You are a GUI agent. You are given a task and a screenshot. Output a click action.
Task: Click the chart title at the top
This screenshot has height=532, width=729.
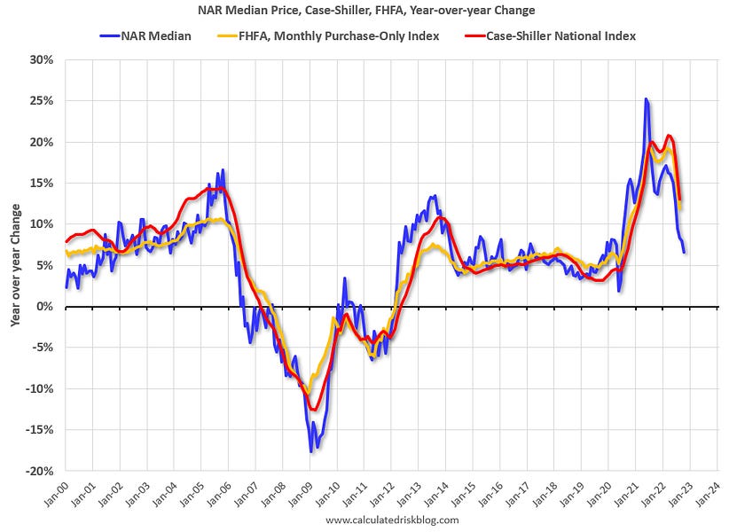[x=364, y=11]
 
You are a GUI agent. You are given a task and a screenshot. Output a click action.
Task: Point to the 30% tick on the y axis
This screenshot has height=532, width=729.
[x=41, y=59]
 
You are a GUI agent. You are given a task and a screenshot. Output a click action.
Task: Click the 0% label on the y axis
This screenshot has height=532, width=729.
[x=44, y=307]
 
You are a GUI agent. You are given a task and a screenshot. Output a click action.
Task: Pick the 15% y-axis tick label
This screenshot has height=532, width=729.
[x=41, y=184]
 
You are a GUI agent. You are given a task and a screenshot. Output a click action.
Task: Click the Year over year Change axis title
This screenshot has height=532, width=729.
[x=16, y=265]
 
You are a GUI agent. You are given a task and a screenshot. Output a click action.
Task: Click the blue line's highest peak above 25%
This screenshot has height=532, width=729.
[x=647, y=99]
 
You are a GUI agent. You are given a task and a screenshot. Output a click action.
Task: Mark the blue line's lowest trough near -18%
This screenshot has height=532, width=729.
[x=311, y=451]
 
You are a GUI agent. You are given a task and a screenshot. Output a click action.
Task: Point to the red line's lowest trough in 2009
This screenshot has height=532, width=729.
[x=313, y=410]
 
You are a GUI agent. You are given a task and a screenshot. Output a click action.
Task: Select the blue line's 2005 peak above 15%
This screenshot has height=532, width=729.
[x=223, y=169]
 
